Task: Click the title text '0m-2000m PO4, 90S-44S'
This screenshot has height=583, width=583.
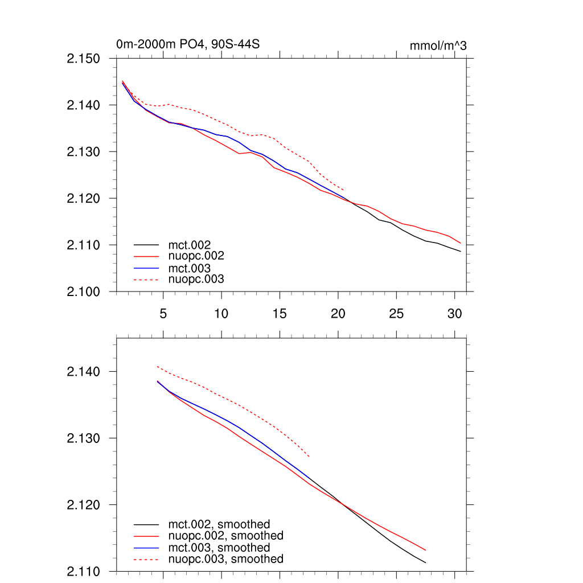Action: pos(188,44)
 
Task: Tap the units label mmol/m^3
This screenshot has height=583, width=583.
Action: pos(438,46)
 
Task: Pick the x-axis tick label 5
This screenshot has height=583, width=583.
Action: pos(163,313)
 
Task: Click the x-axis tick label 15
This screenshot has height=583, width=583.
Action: pos(280,313)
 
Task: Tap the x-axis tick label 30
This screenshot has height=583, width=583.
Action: pos(454,313)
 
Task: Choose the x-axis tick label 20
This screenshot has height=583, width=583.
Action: pos(338,313)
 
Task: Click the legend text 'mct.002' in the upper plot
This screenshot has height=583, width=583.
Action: pos(194,245)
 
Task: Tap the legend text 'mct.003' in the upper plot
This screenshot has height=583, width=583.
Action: pos(194,268)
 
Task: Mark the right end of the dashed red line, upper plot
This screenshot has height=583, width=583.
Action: pos(343,190)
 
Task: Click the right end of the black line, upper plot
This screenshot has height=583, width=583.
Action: pos(461,251)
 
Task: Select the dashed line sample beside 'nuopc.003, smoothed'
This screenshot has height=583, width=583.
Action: pos(146,560)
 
